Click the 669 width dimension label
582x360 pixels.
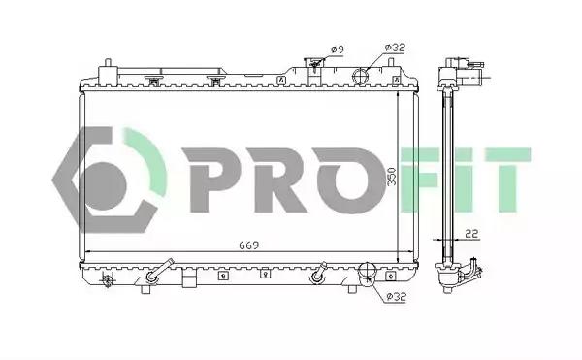(x=248, y=245)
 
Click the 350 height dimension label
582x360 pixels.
(x=392, y=178)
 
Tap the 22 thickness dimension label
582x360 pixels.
(x=471, y=234)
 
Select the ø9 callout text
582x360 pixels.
(x=337, y=49)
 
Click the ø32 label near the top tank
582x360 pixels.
(x=395, y=48)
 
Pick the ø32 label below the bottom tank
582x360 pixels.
(x=396, y=297)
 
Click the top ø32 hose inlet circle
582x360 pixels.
(x=360, y=77)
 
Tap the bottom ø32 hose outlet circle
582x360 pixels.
(x=367, y=270)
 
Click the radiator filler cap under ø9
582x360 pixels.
(x=314, y=64)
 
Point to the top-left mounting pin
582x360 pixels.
(x=108, y=63)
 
